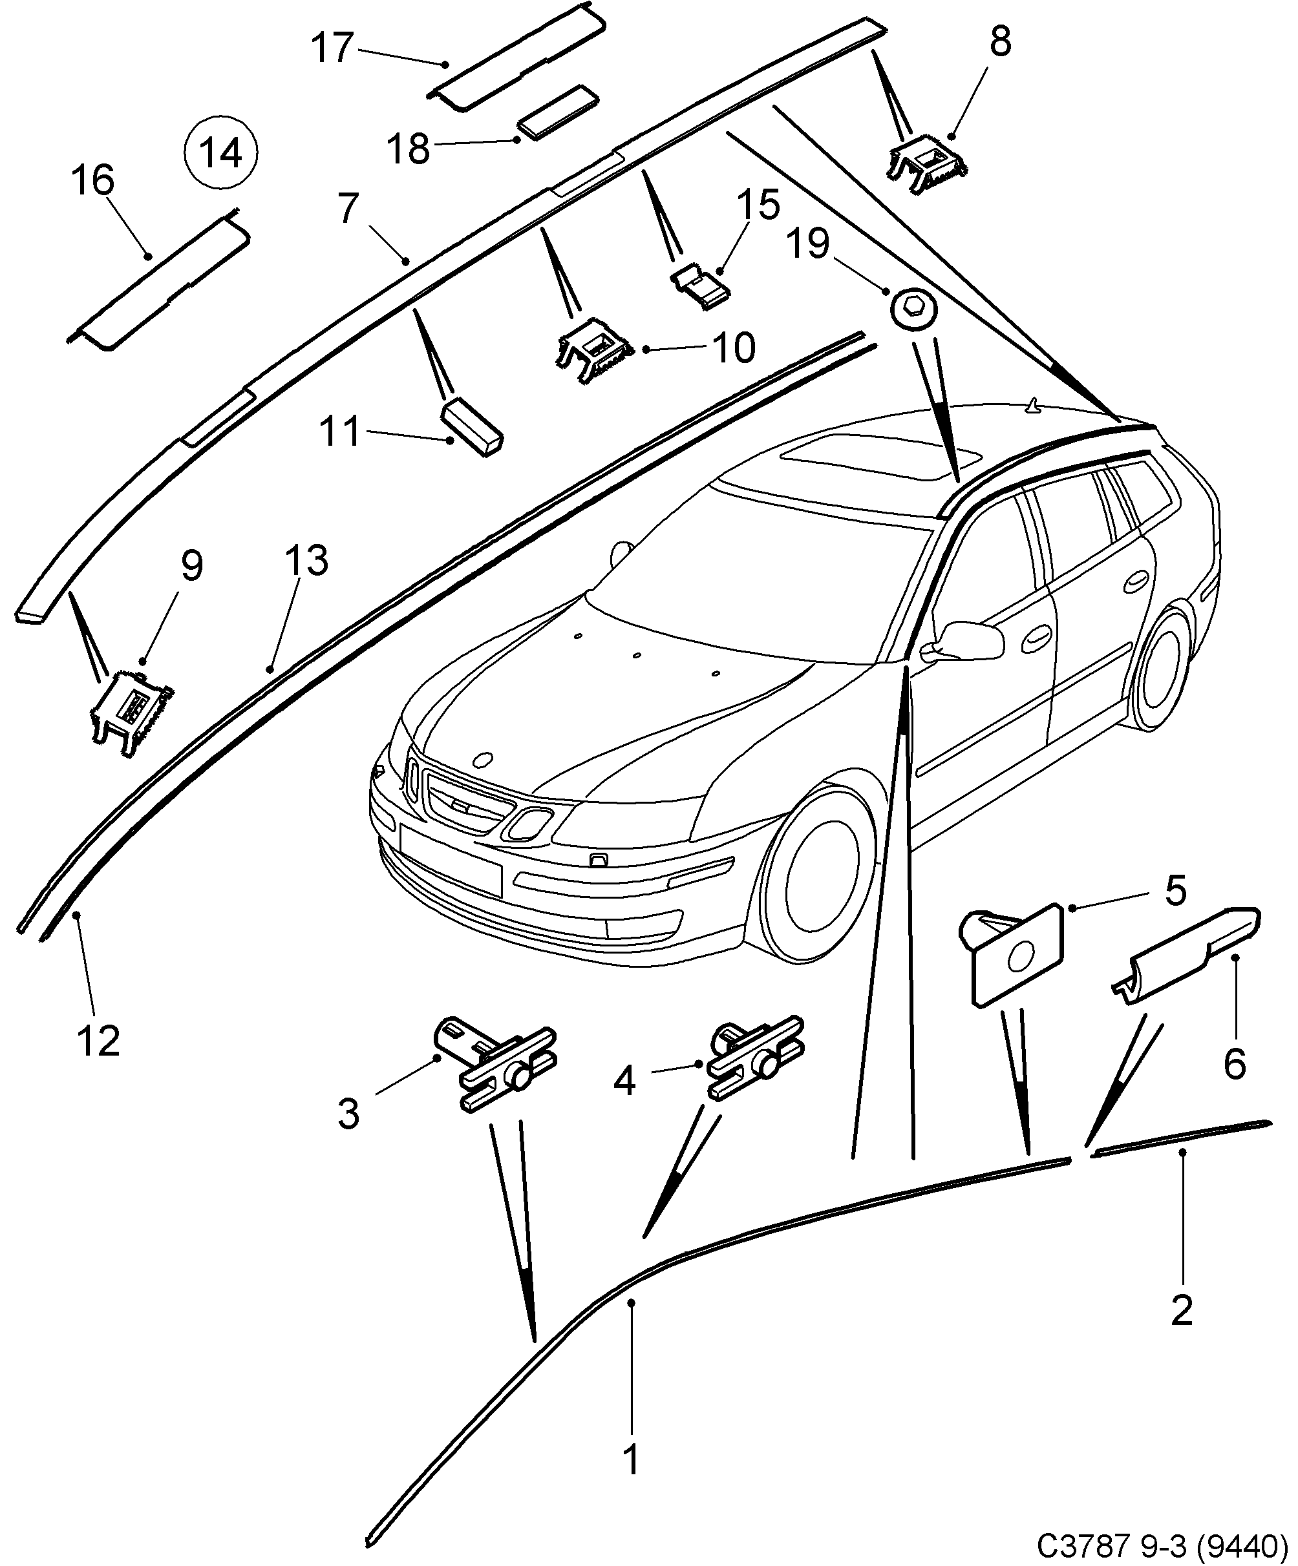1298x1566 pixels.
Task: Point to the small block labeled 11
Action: (x=474, y=428)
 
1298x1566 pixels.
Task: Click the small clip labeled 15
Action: (x=701, y=286)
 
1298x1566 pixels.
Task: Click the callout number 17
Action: (x=331, y=48)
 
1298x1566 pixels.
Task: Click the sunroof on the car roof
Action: (x=880, y=459)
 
